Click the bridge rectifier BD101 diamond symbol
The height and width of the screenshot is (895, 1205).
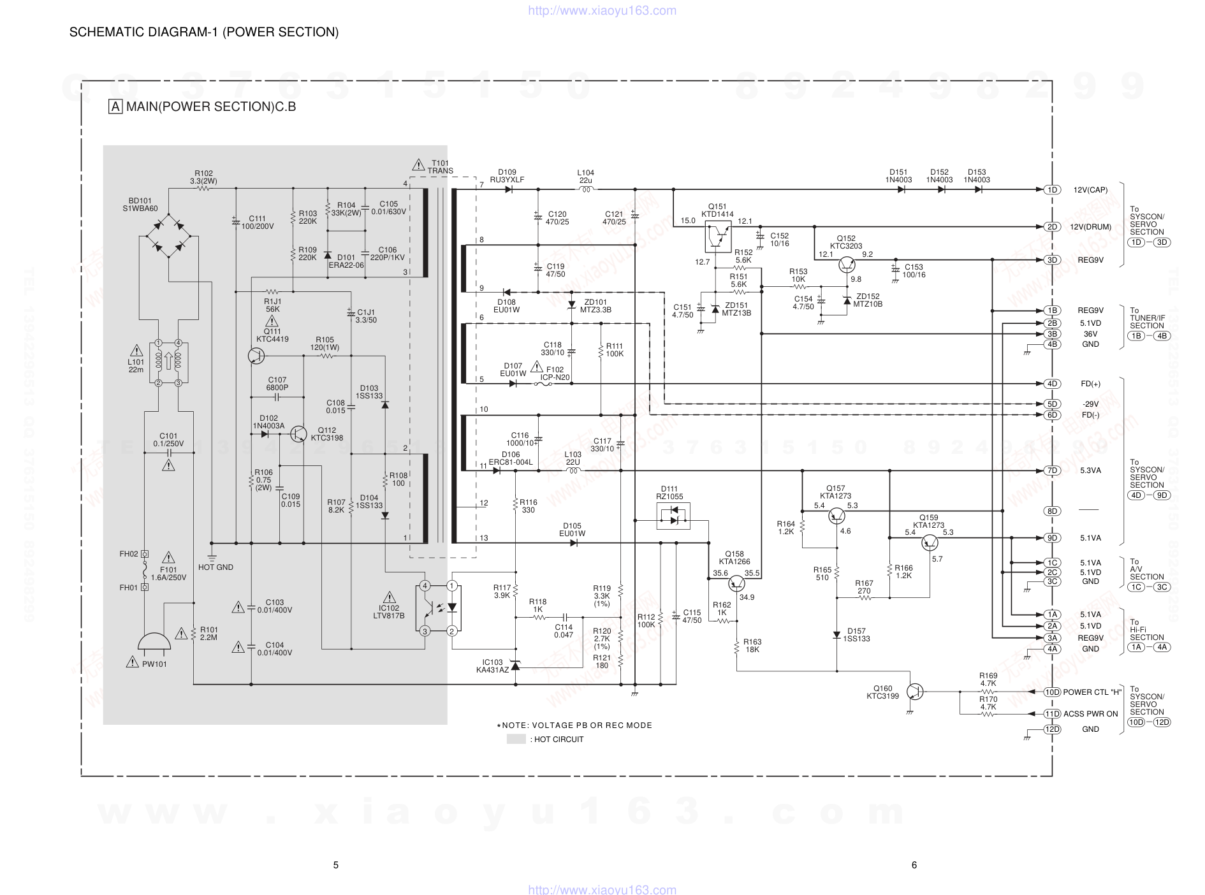tap(169, 236)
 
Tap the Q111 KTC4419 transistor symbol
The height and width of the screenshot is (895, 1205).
tap(256, 356)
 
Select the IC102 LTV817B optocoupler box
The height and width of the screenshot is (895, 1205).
tap(439, 608)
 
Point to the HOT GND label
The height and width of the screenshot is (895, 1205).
tap(215, 567)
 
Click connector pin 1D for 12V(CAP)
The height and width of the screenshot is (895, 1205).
tap(1052, 190)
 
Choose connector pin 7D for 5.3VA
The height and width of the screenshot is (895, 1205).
tap(1052, 470)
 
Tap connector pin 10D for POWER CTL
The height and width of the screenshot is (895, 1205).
tap(1052, 692)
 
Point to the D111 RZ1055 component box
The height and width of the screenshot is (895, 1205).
tap(673, 516)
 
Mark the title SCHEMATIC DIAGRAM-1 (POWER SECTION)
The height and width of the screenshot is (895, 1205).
tap(204, 32)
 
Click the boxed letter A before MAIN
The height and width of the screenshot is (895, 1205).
tap(115, 106)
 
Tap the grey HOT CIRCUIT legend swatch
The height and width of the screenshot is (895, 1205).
tap(516, 739)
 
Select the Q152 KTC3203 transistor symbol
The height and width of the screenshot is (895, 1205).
tap(847, 265)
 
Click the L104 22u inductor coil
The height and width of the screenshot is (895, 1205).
tap(586, 189)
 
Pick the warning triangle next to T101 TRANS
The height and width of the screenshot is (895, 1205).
tap(418, 165)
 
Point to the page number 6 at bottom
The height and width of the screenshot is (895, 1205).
tap(914, 865)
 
